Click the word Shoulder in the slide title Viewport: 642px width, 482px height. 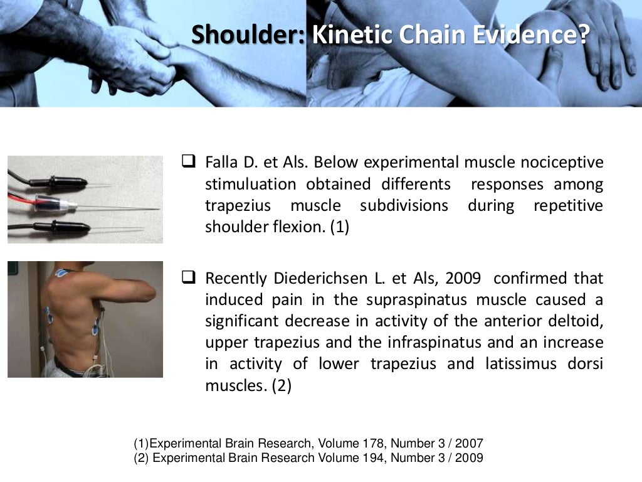click(x=248, y=35)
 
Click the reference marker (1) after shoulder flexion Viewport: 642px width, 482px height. click(x=339, y=227)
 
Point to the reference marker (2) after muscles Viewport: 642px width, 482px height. click(x=282, y=386)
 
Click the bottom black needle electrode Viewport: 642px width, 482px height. click(x=63, y=226)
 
